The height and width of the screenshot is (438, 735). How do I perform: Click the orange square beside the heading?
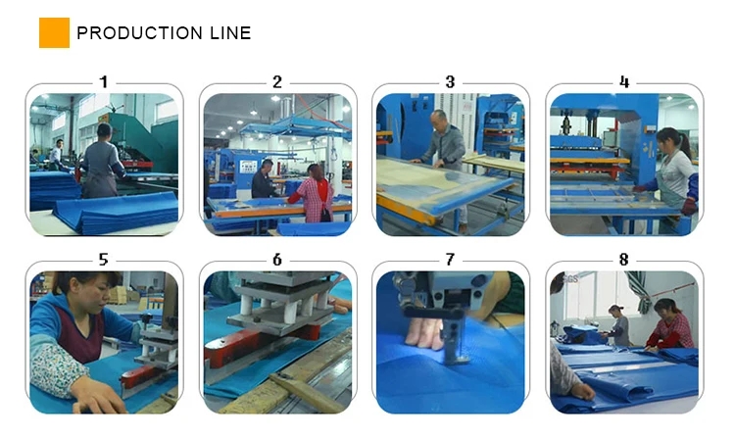click(x=54, y=32)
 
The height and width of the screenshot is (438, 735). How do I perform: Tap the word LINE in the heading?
click(x=230, y=33)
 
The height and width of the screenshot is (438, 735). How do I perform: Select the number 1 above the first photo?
click(x=104, y=82)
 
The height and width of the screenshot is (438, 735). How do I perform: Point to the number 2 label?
click(x=277, y=82)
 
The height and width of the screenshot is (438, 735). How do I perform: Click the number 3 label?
click(x=450, y=82)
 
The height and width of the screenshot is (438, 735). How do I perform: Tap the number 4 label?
click(x=624, y=82)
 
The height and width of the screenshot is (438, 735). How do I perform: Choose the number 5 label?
click(x=104, y=260)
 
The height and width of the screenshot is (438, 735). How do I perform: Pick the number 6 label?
click(x=277, y=260)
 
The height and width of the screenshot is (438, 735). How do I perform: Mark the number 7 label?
click(x=450, y=260)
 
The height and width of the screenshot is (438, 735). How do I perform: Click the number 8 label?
click(x=624, y=260)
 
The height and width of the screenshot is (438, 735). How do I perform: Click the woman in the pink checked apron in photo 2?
click(x=314, y=193)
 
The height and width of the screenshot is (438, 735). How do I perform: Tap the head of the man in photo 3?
click(x=440, y=119)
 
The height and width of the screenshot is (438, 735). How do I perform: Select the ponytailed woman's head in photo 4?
click(x=669, y=139)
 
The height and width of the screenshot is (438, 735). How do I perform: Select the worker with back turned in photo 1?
click(x=102, y=162)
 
